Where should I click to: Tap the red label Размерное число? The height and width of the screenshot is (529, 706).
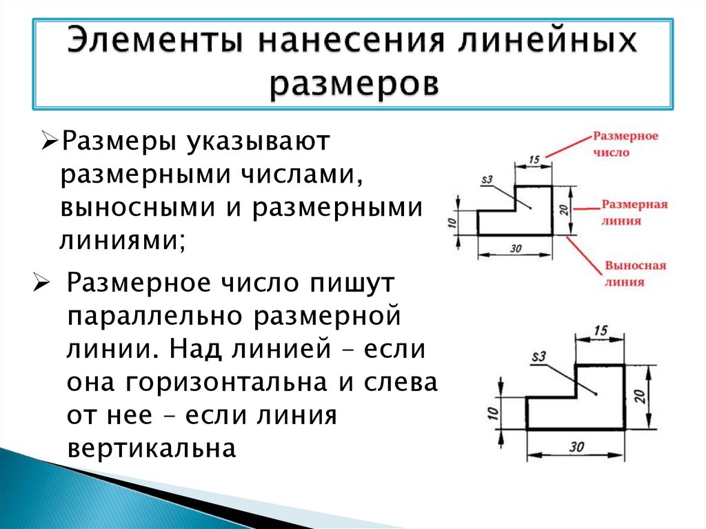tap(625, 143)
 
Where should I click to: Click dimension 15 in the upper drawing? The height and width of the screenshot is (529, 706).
tap(533, 160)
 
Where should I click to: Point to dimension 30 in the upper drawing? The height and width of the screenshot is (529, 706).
tap(515, 249)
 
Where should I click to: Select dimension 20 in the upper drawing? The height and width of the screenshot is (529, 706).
tap(563, 210)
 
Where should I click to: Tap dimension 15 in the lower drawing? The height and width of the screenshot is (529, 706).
tap(600, 330)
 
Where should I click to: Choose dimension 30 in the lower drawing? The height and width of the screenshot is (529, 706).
tap(576, 447)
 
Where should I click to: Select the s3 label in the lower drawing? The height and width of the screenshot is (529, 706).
tap(538, 357)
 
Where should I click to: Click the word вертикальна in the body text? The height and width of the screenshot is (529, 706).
tap(152, 448)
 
